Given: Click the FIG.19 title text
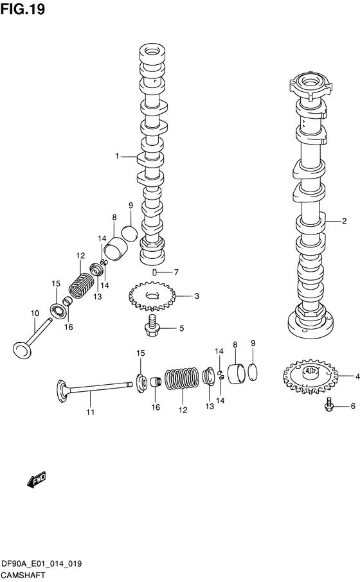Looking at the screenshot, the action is point(22,9).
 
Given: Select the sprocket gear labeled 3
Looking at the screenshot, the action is point(152,296).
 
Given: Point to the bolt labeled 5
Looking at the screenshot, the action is point(152,325).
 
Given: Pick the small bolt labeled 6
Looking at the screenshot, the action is point(328,405).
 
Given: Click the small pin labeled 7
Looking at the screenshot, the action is point(154,272).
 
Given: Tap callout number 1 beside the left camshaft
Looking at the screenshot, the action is point(118,156).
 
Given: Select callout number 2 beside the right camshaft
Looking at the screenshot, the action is point(345,221).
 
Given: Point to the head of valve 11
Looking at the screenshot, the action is point(62,390).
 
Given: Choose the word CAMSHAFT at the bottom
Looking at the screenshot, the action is point(22,575).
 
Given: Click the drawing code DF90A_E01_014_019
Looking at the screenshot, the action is point(41,564).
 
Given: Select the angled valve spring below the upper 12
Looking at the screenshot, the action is point(82,285).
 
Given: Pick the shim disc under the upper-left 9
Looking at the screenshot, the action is point(130,232).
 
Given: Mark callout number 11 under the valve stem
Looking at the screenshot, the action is point(90,412).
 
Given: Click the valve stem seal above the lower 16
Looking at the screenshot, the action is point(156,382).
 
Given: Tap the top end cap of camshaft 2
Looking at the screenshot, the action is point(309,85).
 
